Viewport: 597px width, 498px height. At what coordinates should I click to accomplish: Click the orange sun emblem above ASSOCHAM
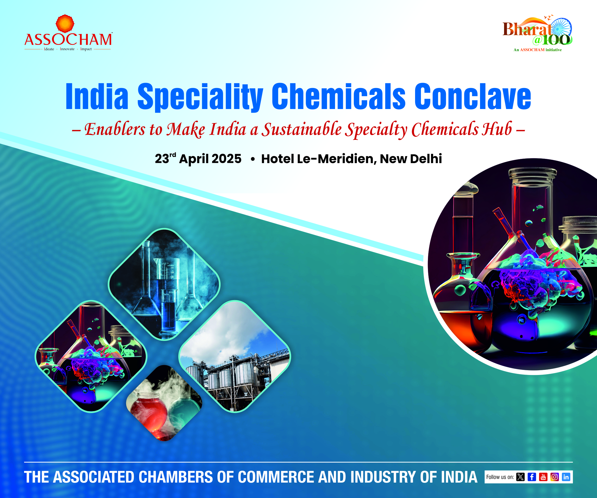(65, 24)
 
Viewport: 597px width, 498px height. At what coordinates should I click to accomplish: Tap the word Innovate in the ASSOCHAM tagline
(67, 49)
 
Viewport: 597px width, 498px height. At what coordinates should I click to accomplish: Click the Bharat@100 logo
(538, 33)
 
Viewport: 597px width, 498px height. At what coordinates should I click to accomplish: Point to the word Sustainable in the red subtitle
(302, 129)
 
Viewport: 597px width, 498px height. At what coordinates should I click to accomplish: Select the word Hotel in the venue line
(278, 159)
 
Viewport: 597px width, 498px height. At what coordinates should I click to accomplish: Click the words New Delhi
(411, 159)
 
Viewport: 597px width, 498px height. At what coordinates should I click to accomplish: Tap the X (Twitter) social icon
(521, 477)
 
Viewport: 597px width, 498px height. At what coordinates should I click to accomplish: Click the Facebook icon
(532, 477)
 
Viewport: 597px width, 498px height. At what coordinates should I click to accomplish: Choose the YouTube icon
(543, 477)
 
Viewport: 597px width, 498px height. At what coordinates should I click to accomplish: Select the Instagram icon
(555, 477)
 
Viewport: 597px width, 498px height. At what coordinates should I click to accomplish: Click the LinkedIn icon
(566, 477)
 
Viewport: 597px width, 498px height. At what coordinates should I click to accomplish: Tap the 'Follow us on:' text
(500, 477)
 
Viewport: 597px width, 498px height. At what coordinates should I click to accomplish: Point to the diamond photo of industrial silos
(235, 356)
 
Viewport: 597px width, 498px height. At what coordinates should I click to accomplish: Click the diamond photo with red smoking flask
(164, 403)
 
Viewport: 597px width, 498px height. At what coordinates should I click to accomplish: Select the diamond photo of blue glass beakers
(164, 284)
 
